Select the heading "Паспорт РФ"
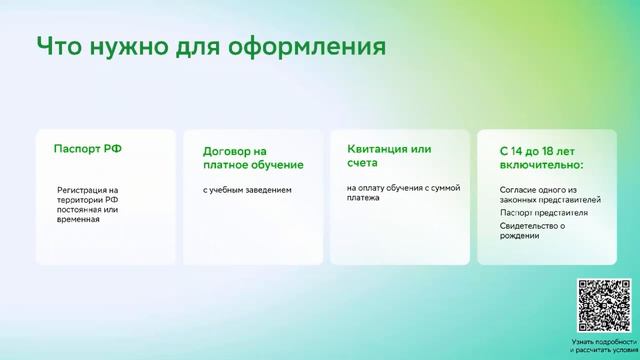[88, 148]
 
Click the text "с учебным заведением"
[247, 189]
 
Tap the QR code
[604, 305]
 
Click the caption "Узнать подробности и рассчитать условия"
[604, 346]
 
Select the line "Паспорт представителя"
[543, 213]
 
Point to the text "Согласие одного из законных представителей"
[539, 194]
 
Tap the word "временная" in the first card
[79, 219]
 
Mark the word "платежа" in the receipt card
[364, 198]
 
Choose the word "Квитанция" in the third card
[376, 148]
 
